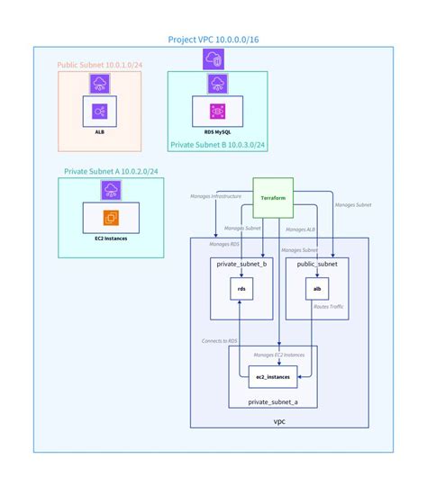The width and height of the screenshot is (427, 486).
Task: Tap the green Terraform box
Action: [273, 197]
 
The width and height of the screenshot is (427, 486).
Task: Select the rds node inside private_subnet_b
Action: [241, 289]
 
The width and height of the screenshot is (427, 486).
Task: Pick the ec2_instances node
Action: [273, 375]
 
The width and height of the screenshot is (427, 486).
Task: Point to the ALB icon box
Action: [100, 112]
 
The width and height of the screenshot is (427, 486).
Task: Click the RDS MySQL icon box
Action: [216, 112]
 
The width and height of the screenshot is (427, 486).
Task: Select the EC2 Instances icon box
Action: [110, 217]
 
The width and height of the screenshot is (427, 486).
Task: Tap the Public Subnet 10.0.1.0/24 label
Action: [99, 66]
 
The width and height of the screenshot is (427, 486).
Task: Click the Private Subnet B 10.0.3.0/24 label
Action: [217, 144]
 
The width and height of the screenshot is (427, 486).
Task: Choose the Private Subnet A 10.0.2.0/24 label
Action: [111, 171]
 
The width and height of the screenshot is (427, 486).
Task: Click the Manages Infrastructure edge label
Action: [215, 195]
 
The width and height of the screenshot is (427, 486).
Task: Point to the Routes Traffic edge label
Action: [328, 307]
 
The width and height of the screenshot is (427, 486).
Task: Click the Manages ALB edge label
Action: [304, 229]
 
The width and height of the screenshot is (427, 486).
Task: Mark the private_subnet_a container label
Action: [272, 401]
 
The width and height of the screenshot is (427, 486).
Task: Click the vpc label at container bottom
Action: [279, 420]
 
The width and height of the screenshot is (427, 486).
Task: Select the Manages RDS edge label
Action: [224, 244]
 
